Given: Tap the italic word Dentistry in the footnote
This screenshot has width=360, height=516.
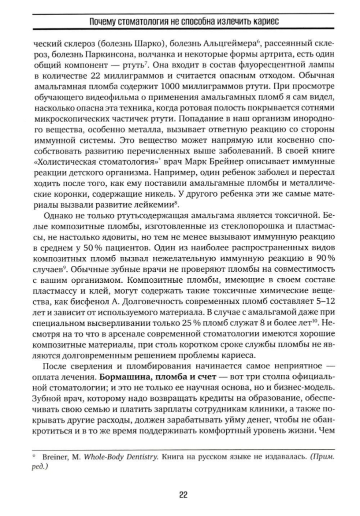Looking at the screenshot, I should tap(131, 458).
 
